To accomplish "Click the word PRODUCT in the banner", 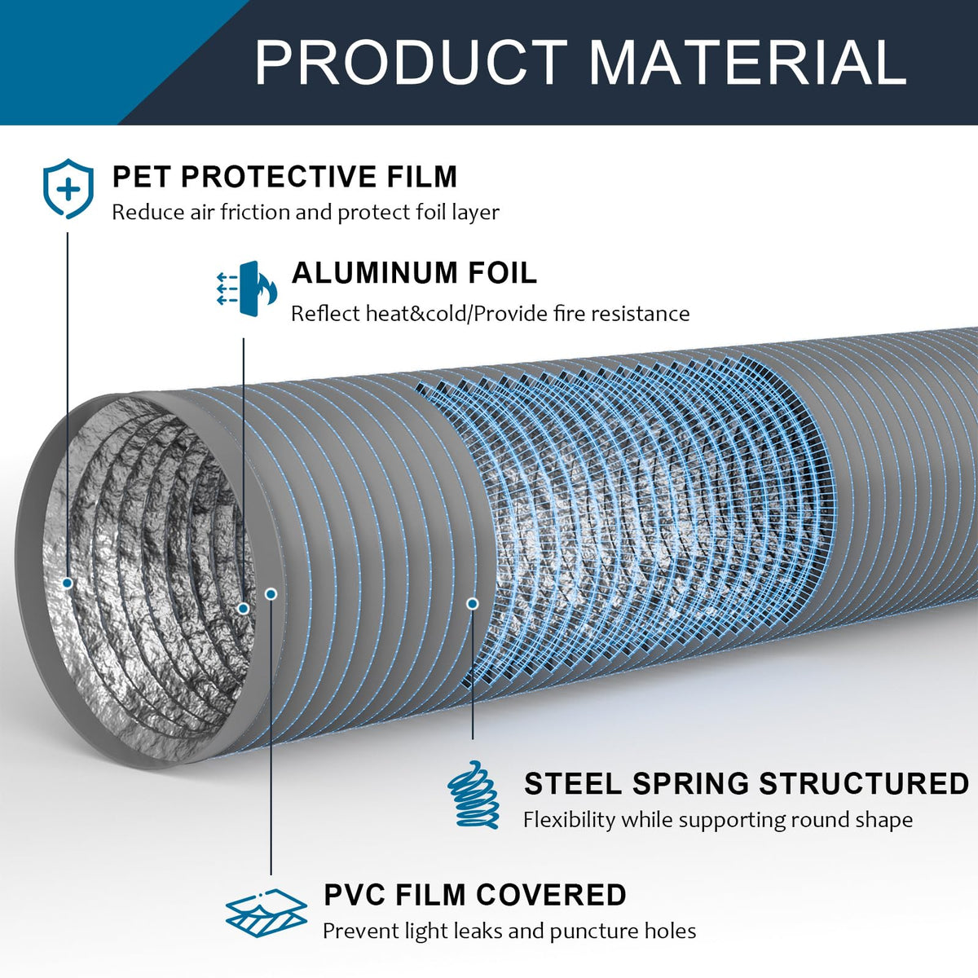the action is (411, 62).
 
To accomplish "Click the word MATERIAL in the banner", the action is (747, 62).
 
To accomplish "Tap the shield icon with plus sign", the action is (68, 188).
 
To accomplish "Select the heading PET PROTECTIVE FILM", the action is (284, 177).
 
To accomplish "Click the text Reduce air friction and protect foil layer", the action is (306, 212).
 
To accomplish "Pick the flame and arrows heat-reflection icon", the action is (247, 289).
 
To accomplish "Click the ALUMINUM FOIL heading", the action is (414, 273).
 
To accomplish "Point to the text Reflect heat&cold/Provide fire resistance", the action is (491, 314).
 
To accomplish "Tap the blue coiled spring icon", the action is (474, 795).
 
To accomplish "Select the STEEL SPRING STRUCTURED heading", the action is (747, 783).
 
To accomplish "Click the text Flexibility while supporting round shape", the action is (718, 820).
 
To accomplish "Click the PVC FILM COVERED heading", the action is (475, 894).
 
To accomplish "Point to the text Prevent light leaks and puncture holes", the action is (509, 932).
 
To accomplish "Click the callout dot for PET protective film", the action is (68, 584).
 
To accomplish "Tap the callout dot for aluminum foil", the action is (244, 609).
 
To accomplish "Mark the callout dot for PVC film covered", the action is (271, 594).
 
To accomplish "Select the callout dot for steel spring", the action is (473, 604).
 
